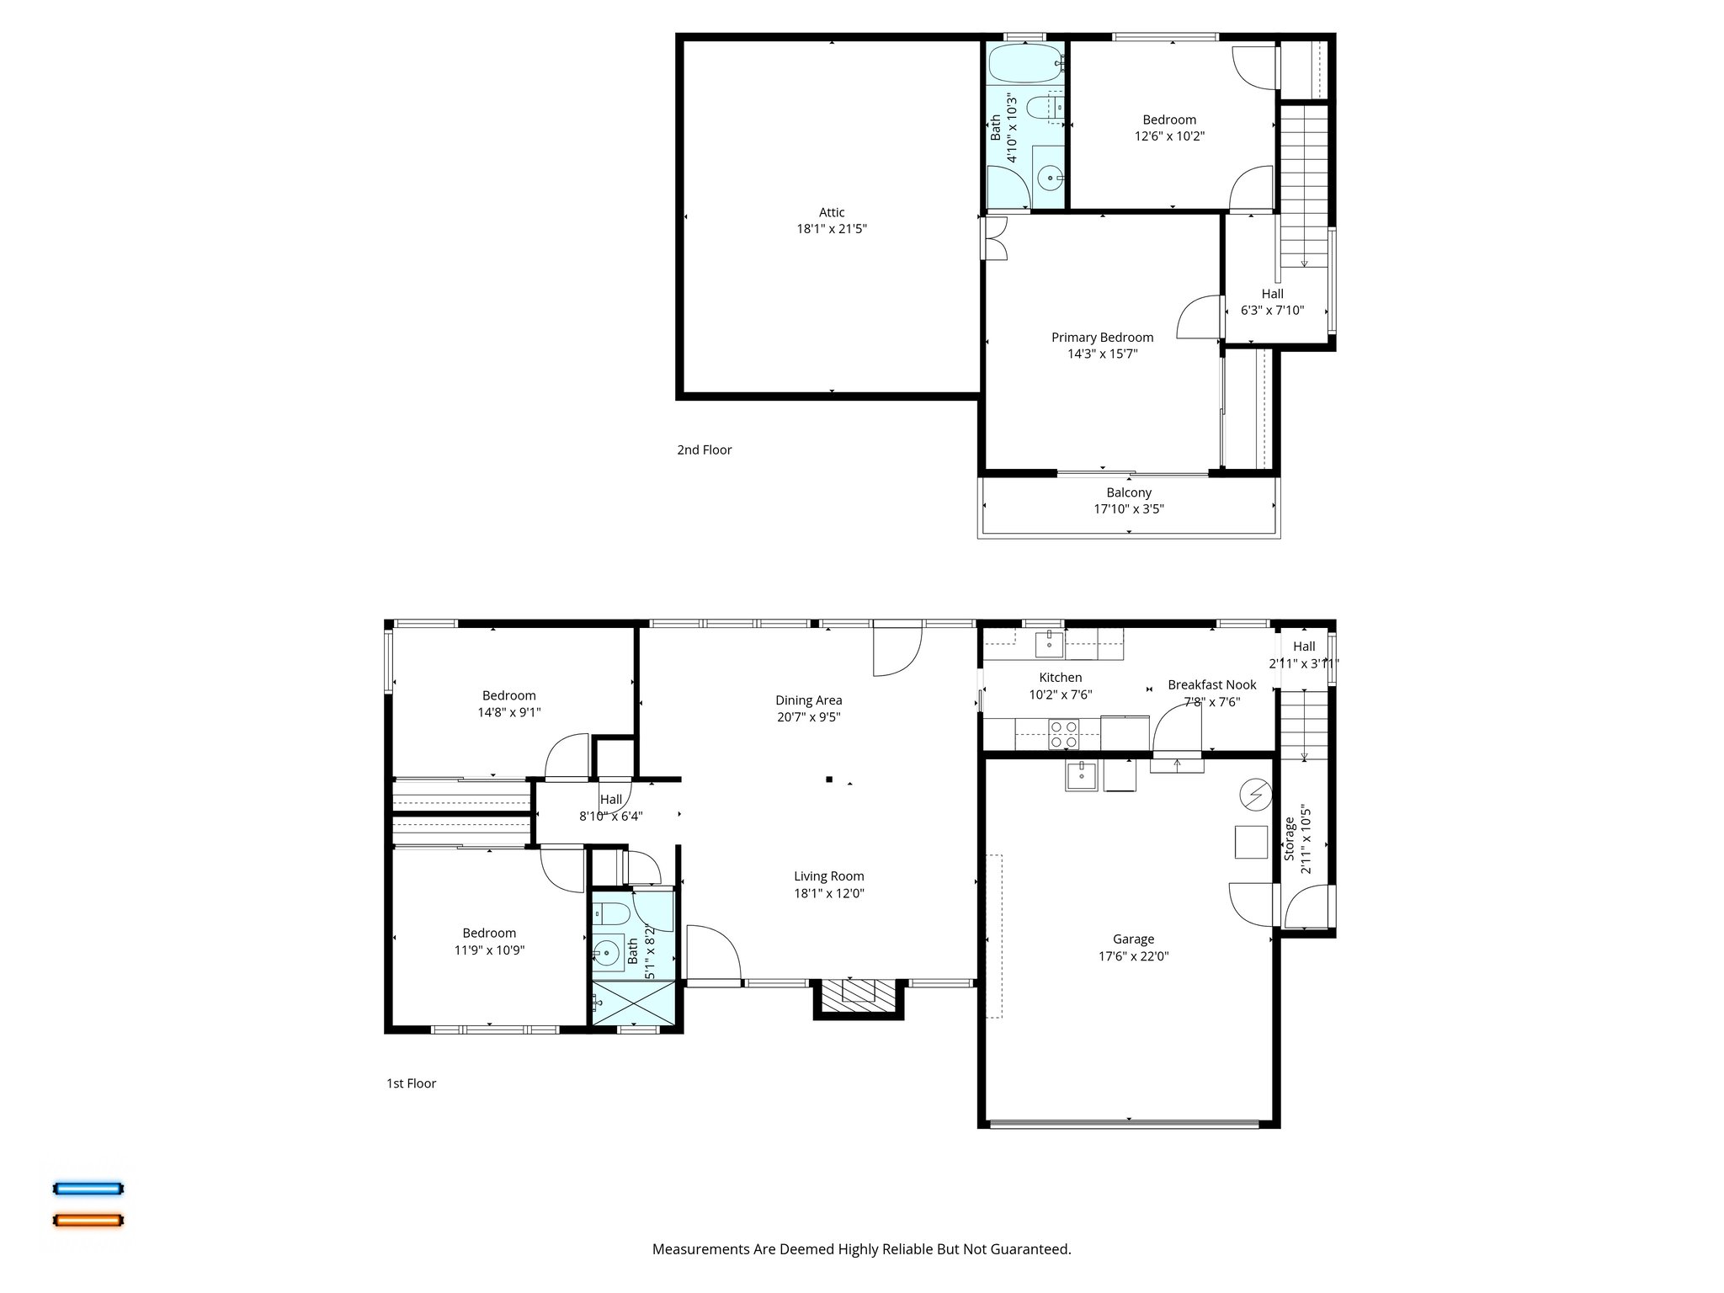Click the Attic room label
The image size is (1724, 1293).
pyautogui.click(x=832, y=212)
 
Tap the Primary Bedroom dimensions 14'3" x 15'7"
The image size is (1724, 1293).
pyautogui.click(x=1102, y=354)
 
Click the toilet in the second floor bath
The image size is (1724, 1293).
pyautogui.click(x=1045, y=108)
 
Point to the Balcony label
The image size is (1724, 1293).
pyautogui.click(x=1129, y=492)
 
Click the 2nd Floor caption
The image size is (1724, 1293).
pyautogui.click(x=704, y=450)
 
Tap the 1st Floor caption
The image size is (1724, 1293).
pyautogui.click(x=411, y=1083)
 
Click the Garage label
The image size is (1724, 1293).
pyautogui.click(x=1133, y=939)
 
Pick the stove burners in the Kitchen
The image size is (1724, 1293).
pyautogui.click(x=1064, y=734)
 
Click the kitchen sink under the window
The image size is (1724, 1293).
pyautogui.click(x=1049, y=645)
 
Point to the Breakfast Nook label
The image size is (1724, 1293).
pyautogui.click(x=1211, y=685)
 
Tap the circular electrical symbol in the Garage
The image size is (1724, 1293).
pyautogui.click(x=1254, y=794)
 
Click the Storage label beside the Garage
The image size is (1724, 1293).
pyautogui.click(x=1289, y=838)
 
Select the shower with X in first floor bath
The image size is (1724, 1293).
pyautogui.click(x=634, y=1003)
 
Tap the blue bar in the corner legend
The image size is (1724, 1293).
pyautogui.click(x=88, y=1189)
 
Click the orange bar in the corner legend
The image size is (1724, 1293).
pyautogui.click(x=88, y=1220)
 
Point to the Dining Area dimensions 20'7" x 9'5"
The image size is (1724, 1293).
pyautogui.click(x=808, y=717)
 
